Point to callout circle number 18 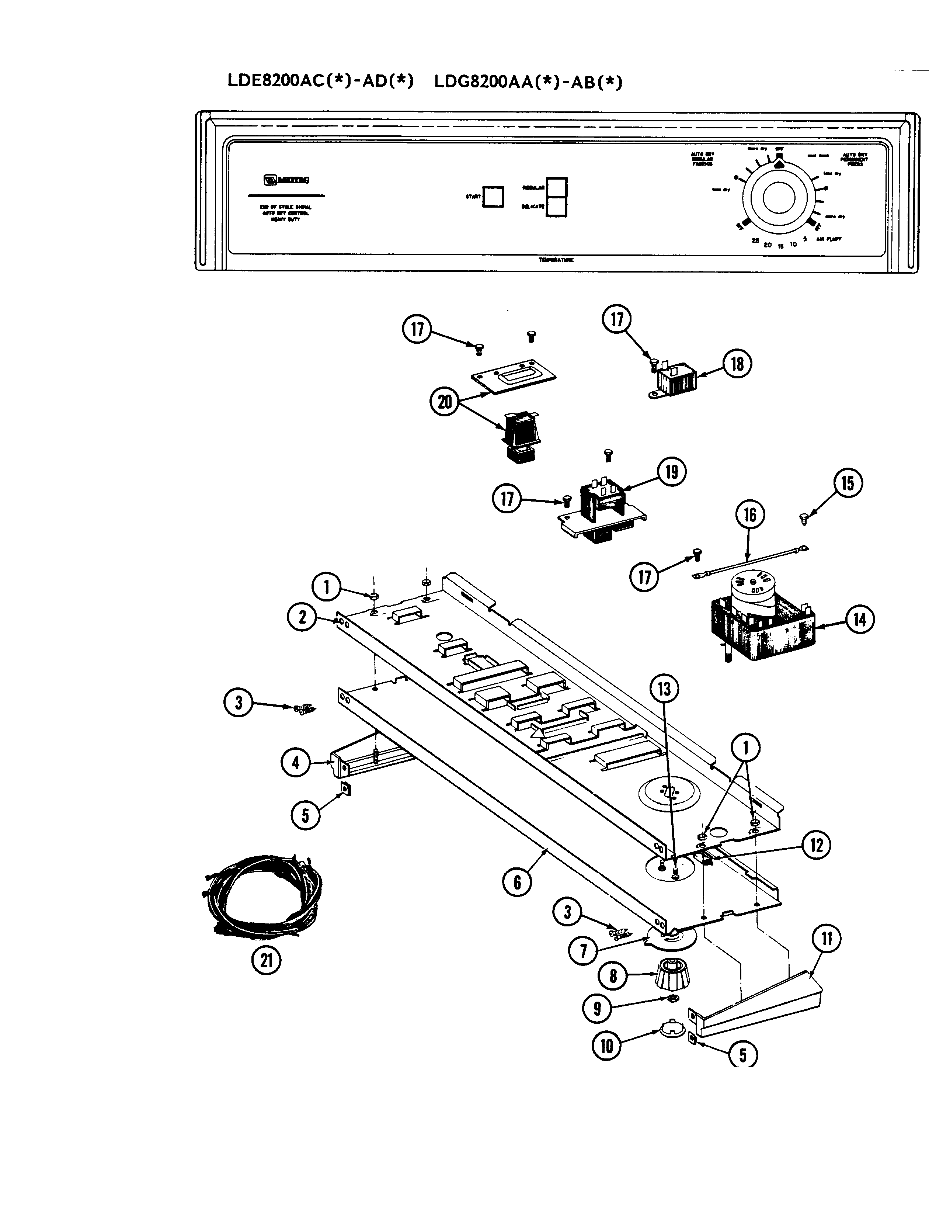pyautogui.click(x=737, y=364)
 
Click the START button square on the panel pyautogui.click(x=493, y=196)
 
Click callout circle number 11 pyautogui.click(x=827, y=939)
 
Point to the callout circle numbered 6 pyautogui.click(x=517, y=882)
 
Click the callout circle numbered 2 pyautogui.click(x=302, y=617)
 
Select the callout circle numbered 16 pyautogui.click(x=750, y=515)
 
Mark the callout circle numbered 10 pyautogui.click(x=607, y=1046)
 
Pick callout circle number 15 pyautogui.click(x=848, y=483)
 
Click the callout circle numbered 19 pyautogui.click(x=671, y=472)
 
